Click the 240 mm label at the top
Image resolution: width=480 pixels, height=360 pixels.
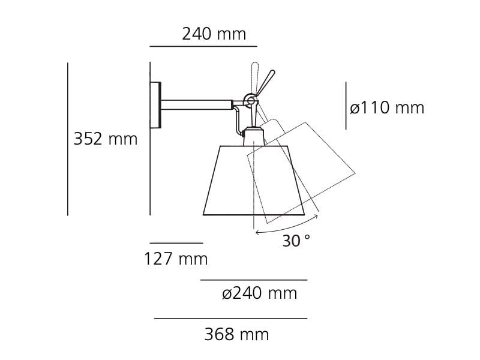(214, 34)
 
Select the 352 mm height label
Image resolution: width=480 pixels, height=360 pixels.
(106, 139)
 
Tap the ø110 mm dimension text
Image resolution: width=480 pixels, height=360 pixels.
(387, 108)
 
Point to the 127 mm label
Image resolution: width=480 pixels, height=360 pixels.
(176, 259)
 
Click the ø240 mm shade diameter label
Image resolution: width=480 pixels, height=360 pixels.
(259, 293)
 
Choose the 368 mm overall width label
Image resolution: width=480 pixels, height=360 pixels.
(236, 334)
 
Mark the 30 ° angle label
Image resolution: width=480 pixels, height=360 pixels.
(296, 241)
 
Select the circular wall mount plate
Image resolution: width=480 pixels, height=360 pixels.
(155, 105)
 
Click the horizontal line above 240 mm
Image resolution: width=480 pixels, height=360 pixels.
(203, 46)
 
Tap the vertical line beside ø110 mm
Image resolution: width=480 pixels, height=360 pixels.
(346, 106)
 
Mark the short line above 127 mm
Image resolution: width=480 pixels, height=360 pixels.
(176, 243)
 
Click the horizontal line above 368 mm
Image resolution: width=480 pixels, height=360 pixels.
(230, 319)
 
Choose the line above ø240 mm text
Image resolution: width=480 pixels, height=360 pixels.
(253, 280)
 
